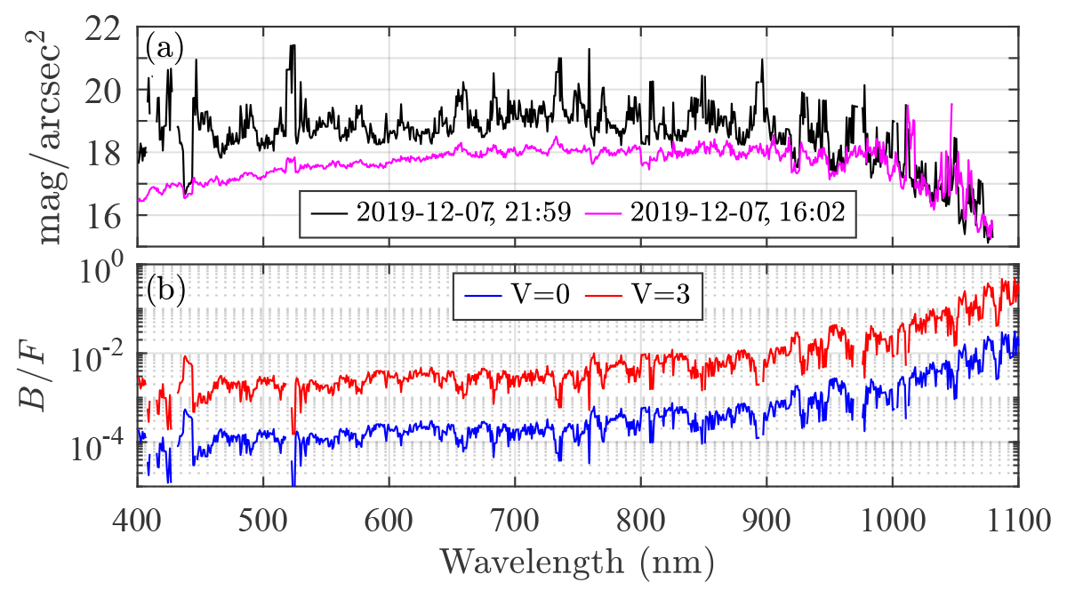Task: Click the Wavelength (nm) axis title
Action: pyautogui.click(x=576, y=562)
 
